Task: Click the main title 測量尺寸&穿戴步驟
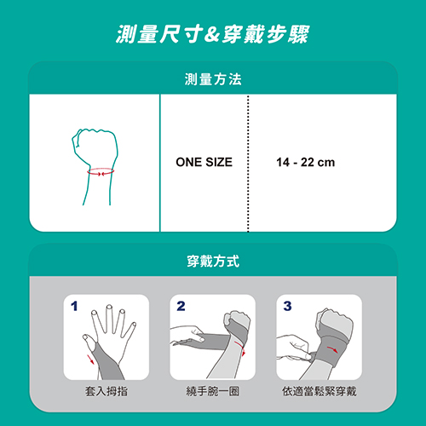tap(212, 34)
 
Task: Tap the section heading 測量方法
tap(213, 79)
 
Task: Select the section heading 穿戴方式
tap(213, 262)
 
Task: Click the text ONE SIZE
tap(204, 162)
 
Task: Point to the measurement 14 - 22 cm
tap(306, 163)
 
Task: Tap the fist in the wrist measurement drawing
tap(95, 147)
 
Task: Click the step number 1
tap(74, 306)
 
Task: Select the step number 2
tap(181, 306)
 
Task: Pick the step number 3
tap(287, 306)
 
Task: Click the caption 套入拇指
tap(106, 391)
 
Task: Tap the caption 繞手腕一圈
tap(213, 391)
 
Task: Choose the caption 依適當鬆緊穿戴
tap(319, 391)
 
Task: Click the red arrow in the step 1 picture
tap(90, 359)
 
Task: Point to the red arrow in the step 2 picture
tap(241, 348)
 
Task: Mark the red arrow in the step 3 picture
tap(332, 349)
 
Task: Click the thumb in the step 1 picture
tap(90, 343)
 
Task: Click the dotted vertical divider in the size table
tap(248, 164)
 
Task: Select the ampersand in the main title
tap(212, 35)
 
